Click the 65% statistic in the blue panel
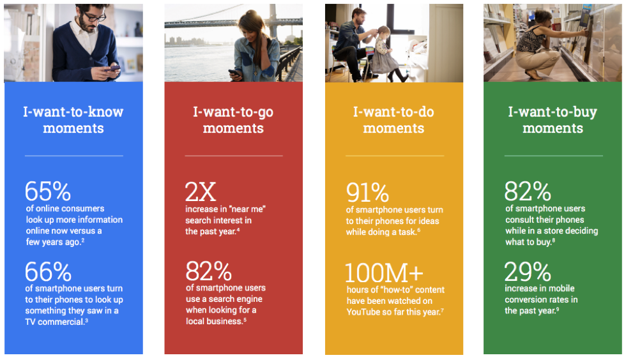pos(48,191)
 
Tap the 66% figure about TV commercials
pos(49,272)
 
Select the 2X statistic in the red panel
pos(201,192)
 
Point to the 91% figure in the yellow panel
pos(367,193)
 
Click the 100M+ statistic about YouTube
pos(384,273)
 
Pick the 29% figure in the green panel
pos(528,272)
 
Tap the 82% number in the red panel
pos(208,271)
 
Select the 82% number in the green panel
pos(528,191)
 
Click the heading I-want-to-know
pos(73,112)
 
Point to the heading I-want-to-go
pos(233,112)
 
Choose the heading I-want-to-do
pos(393,112)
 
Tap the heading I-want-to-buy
pos(553,112)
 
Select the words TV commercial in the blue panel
pos(55,322)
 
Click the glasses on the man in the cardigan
pos(95,17)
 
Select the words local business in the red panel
pos(215,321)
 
